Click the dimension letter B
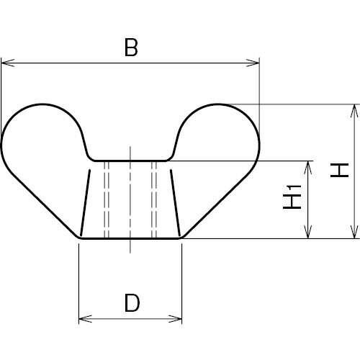point(131,48)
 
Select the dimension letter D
point(132,303)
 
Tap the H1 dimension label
point(292,197)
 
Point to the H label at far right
point(339,170)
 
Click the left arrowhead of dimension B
point(8,63)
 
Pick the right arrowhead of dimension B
point(253,63)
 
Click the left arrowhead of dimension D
point(85,319)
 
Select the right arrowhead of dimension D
point(175,319)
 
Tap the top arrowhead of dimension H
point(355,111)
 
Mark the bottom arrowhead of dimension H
point(355,232)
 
